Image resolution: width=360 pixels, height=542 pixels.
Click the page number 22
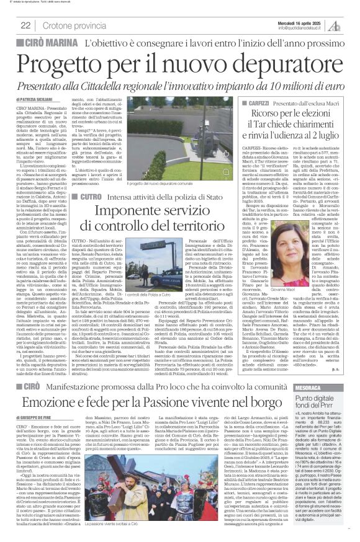pyautogui.click(x=25, y=25)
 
